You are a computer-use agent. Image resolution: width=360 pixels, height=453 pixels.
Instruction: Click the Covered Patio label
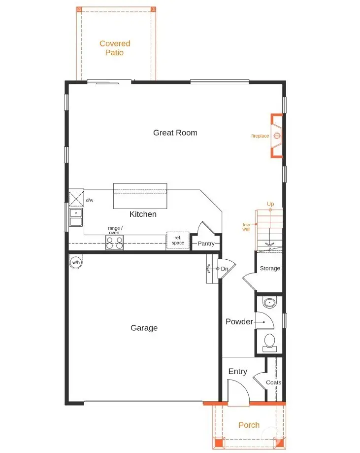pyautogui.click(x=114, y=48)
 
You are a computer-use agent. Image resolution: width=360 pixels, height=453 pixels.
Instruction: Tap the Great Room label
pyautogui.click(x=175, y=133)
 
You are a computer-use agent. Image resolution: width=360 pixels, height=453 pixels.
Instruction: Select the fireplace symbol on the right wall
pyautogui.click(x=277, y=136)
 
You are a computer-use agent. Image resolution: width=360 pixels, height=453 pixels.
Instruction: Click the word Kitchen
pyautogui.click(x=143, y=214)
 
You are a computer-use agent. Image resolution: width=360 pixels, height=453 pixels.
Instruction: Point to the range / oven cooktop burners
pyautogui.click(x=114, y=243)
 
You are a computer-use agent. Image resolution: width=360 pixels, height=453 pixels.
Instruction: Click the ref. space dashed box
pyautogui.click(x=178, y=240)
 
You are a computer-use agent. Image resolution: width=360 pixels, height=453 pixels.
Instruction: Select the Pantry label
pyautogui.click(x=206, y=244)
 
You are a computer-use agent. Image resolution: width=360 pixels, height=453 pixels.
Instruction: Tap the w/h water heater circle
pyautogui.click(x=76, y=262)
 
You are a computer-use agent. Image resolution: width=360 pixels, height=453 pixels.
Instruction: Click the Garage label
pyautogui.click(x=144, y=328)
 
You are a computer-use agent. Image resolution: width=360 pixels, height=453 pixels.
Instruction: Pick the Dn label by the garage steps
pyautogui.click(x=225, y=269)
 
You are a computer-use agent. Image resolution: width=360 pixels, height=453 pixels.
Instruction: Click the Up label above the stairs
pyautogui.click(x=270, y=204)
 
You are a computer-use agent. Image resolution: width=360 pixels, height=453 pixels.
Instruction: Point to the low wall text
pyautogui.click(x=247, y=227)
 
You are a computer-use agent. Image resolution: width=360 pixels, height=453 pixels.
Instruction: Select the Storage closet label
pyautogui.click(x=270, y=268)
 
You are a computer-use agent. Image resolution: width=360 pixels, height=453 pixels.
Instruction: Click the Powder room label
pyautogui.click(x=239, y=322)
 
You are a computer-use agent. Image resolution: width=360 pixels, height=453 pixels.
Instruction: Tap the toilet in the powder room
pyautogui.click(x=269, y=341)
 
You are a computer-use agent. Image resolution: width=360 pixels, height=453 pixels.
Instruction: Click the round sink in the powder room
pyautogui.click(x=269, y=303)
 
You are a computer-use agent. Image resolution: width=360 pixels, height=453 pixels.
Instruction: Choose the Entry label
pyautogui.click(x=237, y=372)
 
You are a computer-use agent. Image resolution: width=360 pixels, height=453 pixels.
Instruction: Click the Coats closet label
pyautogui.click(x=273, y=383)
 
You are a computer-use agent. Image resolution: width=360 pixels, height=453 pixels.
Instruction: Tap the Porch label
pyautogui.click(x=249, y=425)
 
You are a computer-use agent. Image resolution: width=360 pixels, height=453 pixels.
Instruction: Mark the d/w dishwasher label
pyautogui.click(x=90, y=201)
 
